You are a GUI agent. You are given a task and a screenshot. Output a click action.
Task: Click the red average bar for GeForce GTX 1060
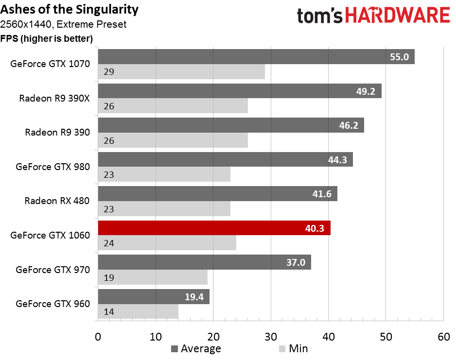pyautogui.click(x=214, y=228)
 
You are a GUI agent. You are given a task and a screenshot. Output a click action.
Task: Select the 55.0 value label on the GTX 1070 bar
pyautogui.click(x=399, y=57)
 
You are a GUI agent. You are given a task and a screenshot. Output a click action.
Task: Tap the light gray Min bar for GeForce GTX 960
pyautogui.click(x=138, y=311)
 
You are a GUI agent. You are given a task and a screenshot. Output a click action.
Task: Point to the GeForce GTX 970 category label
pyautogui.click(x=53, y=270)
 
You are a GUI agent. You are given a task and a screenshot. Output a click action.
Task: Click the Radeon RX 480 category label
pyautogui.click(x=57, y=201)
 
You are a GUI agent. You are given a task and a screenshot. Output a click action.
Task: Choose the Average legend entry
pyautogui.click(x=196, y=348)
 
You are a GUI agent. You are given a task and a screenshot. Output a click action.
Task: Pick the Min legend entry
pyautogui.click(x=293, y=348)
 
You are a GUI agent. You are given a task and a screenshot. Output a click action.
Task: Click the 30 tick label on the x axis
pyautogui.click(x=271, y=337)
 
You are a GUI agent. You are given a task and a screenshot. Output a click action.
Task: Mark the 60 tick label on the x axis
pyautogui.click(x=444, y=337)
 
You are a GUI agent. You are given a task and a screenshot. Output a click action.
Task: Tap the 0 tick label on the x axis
pyautogui.click(x=98, y=337)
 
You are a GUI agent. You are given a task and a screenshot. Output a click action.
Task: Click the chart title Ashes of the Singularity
pyautogui.click(x=70, y=10)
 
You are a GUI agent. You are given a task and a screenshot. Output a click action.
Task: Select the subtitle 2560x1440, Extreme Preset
pyautogui.click(x=63, y=24)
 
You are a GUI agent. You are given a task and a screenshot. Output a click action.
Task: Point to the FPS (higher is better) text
pyautogui.click(x=47, y=38)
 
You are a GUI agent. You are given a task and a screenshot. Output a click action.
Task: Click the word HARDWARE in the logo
pyautogui.click(x=398, y=15)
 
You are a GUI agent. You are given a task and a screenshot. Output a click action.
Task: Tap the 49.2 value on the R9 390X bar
pyautogui.click(x=366, y=91)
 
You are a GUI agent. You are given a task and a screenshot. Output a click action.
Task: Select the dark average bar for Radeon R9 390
pyautogui.click(x=231, y=125)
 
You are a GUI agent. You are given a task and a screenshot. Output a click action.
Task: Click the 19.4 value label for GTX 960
pyautogui.click(x=194, y=297)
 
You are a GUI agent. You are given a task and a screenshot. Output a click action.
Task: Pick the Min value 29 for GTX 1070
pyautogui.click(x=109, y=72)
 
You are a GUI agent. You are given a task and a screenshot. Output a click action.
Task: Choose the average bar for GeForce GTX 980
pyautogui.click(x=226, y=159)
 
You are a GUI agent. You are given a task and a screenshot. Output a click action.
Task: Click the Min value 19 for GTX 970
pyautogui.click(x=109, y=278)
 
